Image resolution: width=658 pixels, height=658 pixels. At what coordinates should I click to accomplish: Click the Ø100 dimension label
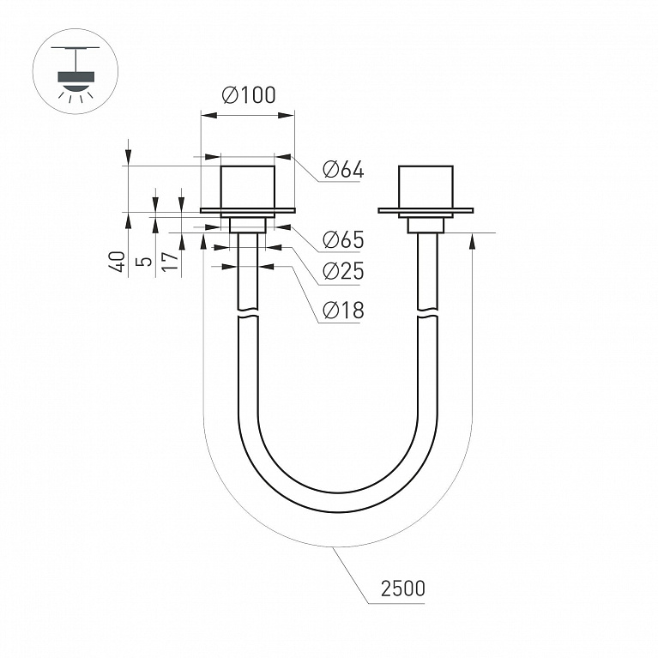(x=249, y=95)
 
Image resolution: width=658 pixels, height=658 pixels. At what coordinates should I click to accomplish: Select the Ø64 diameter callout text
(x=343, y=170)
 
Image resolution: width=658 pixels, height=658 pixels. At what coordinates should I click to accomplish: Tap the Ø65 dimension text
(x=343, y=239)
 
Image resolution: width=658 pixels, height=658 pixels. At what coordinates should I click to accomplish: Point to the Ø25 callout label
(x=343, y=271)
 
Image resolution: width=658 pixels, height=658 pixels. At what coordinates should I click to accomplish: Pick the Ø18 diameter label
(x=343, y=311)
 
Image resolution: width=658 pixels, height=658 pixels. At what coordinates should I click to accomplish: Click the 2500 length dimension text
(x=403, y=589)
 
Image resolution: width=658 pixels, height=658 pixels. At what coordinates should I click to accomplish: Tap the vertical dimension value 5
(x=144, y=262)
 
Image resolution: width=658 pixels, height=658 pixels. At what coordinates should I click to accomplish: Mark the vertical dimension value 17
(x=171, y=262)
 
